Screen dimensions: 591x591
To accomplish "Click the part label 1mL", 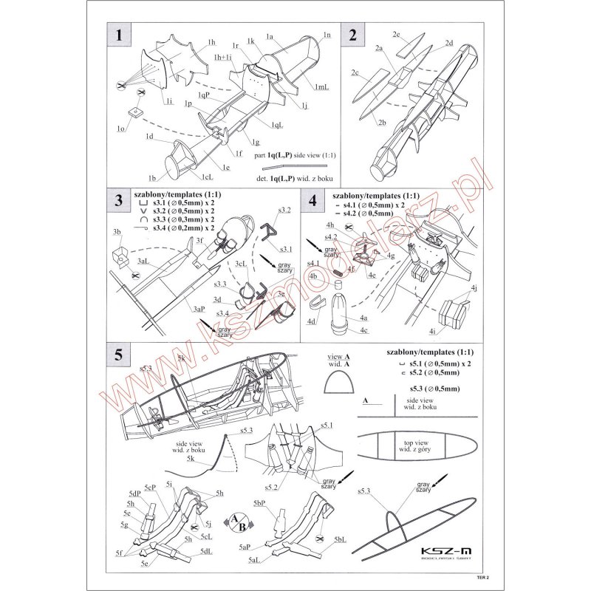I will [323, 89].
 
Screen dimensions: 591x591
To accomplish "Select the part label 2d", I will [448, 44].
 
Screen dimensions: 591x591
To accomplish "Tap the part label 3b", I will [116, 233].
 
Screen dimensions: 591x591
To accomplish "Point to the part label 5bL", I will [341, 540].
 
